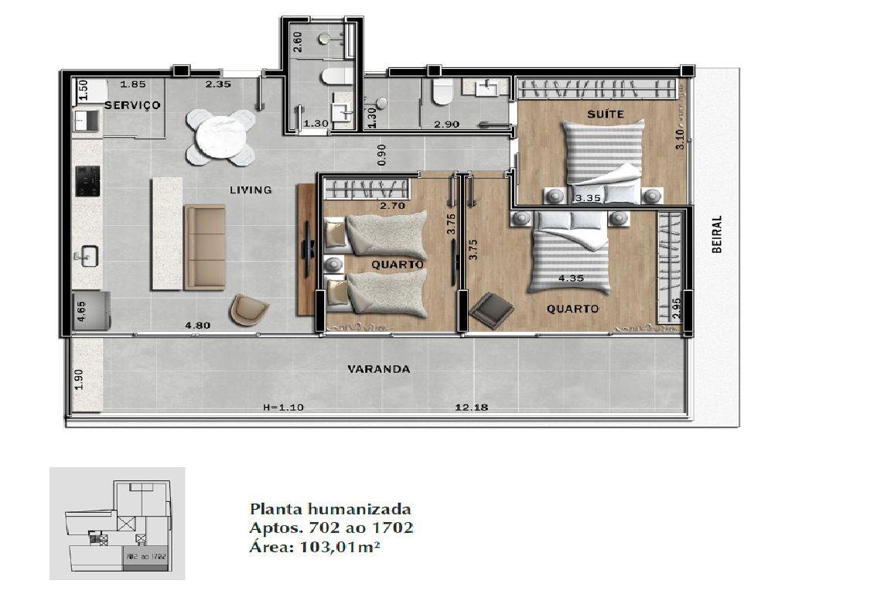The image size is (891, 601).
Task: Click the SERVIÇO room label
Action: pyautogui.click(x=132, y=105)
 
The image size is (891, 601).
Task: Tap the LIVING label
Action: pyautogui.click(x=251, y=190)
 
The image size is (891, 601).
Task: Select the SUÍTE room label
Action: pyautogui.click(x=606, y=114)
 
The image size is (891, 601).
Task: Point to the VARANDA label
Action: pyautogui.click(x=379, y=369)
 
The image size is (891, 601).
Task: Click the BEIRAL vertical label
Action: pyautogui.click(x=717, y=234)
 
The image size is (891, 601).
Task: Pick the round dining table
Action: pyautogui.click(x=221, y=138)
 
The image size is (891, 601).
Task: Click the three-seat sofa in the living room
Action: pyautogui.click(x=204, y=247)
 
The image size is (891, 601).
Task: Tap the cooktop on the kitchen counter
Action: pyautogui.click(x=88, y=181)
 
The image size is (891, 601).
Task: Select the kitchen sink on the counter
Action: pyautogui.click(x=89, y=256)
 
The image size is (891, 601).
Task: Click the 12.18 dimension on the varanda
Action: pyautogui.click(x=472, y=408)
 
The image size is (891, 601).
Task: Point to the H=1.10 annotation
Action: pyautogui.click(x=284, y=408)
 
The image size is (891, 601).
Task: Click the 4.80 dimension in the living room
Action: pyautogui.click(x=198, y=326)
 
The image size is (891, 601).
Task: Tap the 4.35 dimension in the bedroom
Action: pyautogui.click(x=571, y=278)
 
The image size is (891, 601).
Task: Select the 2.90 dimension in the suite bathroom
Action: pyautogui.click(x=446, y=124)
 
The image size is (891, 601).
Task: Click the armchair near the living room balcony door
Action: pyautogui.click(x=249, y=310)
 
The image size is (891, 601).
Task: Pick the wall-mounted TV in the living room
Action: pyautogui.click(x=307, y=248)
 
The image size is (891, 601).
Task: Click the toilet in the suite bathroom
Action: pyautogui.click(x=442, y=91)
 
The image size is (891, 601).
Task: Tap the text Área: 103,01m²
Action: pyautogui.click(x=314, y=548)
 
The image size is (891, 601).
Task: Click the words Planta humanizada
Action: pyautogui.click(x=330, y=508)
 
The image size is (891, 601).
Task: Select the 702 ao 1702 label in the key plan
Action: pyautogui.click(x=146, y=557)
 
